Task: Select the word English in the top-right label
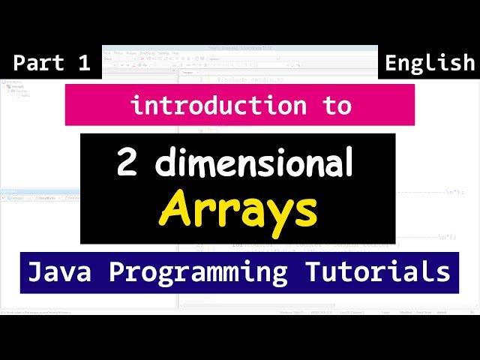(430, 64)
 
